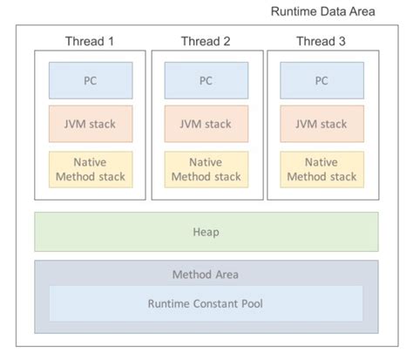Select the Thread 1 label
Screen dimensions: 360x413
[x=90, y=41]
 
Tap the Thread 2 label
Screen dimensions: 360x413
[x=206, y=41]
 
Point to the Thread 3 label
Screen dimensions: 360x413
[x=322, y=41]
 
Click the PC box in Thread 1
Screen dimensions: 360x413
[x=90, y=80]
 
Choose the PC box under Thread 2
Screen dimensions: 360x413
[x=206, y=80]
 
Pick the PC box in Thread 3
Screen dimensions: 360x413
[x=322, y=80]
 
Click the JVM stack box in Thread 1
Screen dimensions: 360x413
[x=90, y=125]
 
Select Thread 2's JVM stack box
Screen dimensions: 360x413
[x=206, y=125]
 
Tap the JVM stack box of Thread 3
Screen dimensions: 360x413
[x=322, y=125]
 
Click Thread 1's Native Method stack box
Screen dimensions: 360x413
[x=90, y=169]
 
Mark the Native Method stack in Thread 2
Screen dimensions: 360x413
[x=206, y=169]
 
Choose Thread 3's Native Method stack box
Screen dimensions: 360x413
[x=322, y=169]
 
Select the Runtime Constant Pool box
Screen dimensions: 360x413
[x=206, y=303]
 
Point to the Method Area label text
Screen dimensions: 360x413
[x=206, y=275]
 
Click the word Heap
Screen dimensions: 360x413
[x=206, y=232]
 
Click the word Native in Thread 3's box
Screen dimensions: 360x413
[x=322, y=162]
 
